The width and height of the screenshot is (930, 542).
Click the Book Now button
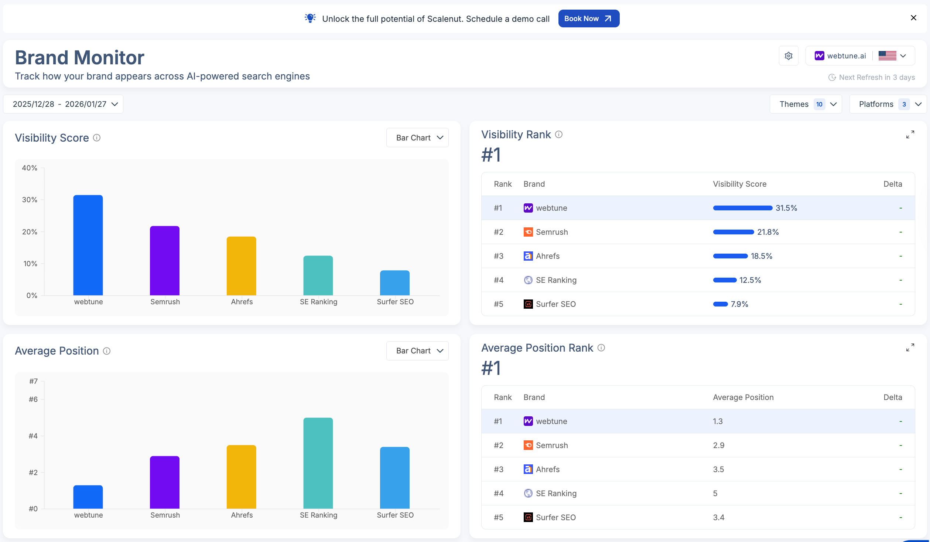tap(588, 18)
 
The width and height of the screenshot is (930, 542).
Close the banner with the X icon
tap(913, 18)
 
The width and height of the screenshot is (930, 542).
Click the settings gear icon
tap(789, 56)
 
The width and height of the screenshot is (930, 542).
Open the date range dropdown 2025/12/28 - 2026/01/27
tap(63, 104)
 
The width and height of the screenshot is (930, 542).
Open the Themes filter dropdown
tap(806, 104)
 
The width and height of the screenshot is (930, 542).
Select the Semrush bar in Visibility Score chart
tap(165, 261)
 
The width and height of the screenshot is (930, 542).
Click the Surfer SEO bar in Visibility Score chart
tap(394, 283)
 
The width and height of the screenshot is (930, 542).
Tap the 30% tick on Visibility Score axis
tap(30, 200)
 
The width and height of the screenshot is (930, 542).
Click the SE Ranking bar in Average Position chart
tap(318, 463)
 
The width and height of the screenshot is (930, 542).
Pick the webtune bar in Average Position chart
tap(88, 497)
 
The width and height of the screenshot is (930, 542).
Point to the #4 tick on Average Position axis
tap(33, 436)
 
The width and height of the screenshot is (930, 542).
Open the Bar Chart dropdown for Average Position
tap(417, 351)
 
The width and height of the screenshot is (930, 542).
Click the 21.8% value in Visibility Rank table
tap(768, 232)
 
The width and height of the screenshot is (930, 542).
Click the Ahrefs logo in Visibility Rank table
tap(528, 256)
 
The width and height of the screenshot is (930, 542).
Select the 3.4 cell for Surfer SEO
tap(718, 517)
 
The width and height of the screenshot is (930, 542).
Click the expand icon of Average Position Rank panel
tap(910, 348)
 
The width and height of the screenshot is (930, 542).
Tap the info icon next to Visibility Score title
tap(97, 138)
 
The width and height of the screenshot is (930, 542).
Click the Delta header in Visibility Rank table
tap(892, 184)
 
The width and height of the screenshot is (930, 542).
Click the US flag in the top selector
tap(887, 56)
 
